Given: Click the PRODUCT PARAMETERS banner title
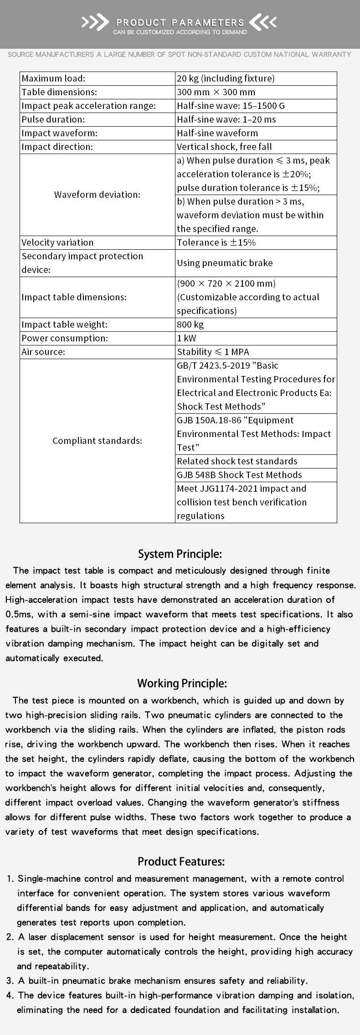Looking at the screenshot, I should [180, 22].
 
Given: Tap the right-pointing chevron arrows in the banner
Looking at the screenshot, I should [95, 22].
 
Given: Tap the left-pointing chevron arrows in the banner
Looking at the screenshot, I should [263, 22].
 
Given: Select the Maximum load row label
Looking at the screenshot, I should [53, 78].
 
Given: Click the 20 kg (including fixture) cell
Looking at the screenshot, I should [226, 78].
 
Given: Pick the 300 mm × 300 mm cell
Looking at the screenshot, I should [216, 92].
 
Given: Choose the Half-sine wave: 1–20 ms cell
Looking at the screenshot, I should [226, 119].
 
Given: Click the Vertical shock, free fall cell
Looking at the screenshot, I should [231, 147].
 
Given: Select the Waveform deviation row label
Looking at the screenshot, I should [97, 195].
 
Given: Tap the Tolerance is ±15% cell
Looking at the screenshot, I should [216, 242].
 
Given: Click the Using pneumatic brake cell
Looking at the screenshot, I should [225, 263].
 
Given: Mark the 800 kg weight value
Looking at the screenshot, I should [190, 324].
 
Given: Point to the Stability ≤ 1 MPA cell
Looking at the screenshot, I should [213, 352].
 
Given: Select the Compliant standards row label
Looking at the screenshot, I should [97, 441].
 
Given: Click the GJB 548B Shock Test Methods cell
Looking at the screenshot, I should [239, 475].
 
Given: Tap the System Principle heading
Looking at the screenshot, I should [180, 554].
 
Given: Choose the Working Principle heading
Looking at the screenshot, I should [182, 684].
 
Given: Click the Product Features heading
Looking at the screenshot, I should [181, 862].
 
